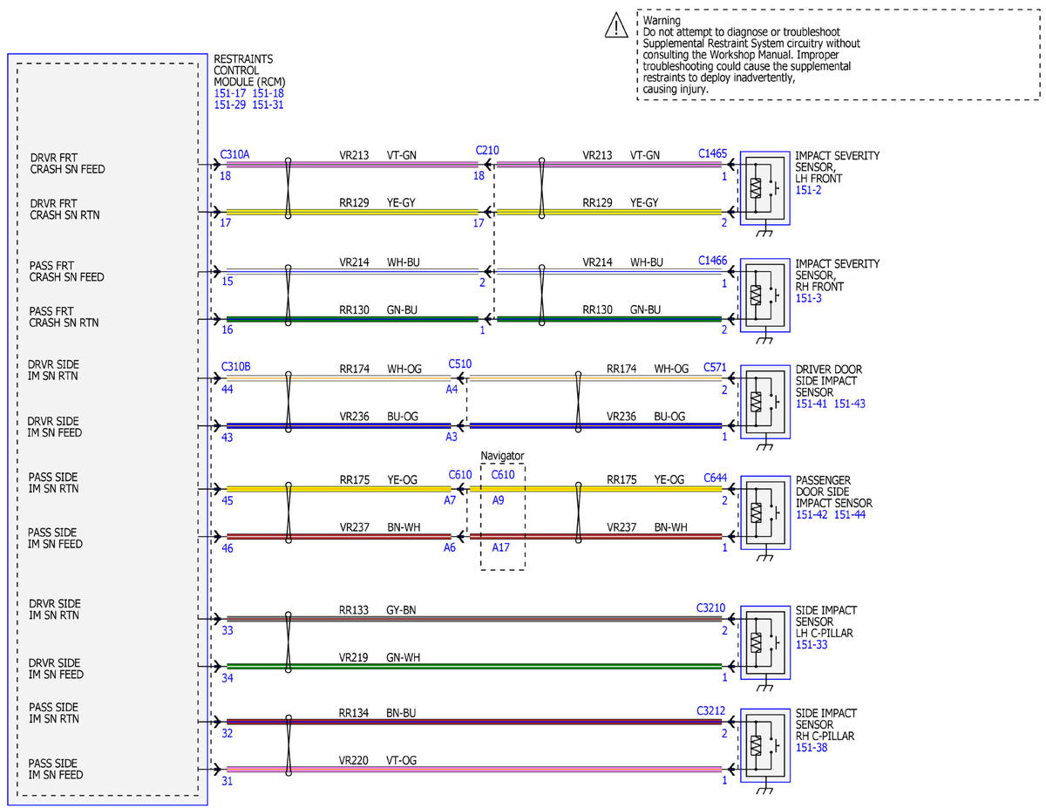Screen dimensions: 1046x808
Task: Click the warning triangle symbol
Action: tap(615, 25)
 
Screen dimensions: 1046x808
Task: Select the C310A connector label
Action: tap(234, 154)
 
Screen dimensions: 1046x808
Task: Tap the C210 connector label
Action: tap(486, 151)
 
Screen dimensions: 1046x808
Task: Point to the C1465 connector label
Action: tap(712, 153)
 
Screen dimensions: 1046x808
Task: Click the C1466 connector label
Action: tap(712, 261)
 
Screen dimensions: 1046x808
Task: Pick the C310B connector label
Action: tap(235, 367)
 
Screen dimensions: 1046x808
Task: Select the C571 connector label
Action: tap(715, 368)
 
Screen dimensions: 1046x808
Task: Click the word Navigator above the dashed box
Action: tap(502, 455)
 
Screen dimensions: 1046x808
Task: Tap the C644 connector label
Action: tap(715, 478)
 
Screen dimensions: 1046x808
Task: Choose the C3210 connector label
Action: tap(710, 608)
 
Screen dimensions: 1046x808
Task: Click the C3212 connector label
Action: tap(710, 710)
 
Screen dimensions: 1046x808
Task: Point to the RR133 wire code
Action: tap(353, 610)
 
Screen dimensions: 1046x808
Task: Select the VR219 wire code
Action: tap(353, 657)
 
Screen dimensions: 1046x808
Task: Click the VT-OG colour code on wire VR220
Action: tap(401, 760)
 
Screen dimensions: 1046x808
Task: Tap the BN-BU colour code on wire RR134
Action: tap(401, 713)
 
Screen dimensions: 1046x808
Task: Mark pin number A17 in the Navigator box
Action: tap(500, 547)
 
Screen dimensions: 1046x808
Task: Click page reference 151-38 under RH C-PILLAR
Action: tap(812, 748)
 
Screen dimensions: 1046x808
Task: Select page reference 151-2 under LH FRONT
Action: tap(808, 190)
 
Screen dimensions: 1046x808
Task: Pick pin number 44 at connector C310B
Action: tap(227, 389)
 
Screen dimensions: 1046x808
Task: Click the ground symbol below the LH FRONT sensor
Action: tap(764, 231)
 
